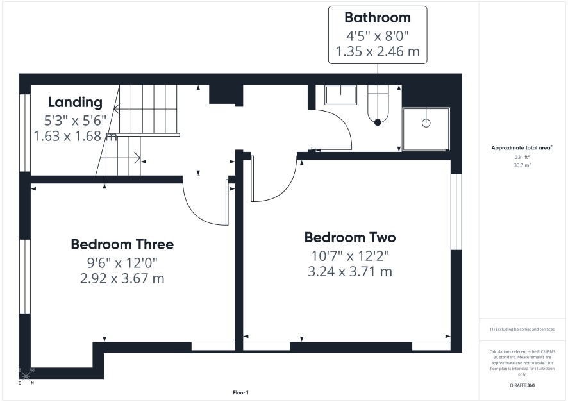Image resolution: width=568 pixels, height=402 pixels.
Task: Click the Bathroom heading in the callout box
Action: [x=378, y=17]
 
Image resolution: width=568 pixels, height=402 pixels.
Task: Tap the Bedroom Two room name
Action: [x=350, y=238]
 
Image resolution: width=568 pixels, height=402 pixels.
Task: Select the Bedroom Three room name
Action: [x=122, y=244]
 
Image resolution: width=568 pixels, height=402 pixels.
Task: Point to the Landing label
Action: [x=76, y=103]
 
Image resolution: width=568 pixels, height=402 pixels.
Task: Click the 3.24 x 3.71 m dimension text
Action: [x=350, y=272]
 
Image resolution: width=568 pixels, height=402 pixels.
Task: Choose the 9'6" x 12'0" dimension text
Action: [x=122, y=263]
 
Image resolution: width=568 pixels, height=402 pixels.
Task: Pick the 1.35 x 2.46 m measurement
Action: [x=378, y=51]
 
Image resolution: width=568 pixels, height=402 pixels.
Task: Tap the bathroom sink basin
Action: [x=340, y=95]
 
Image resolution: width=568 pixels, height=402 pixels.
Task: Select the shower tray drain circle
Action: [x=426, y=123]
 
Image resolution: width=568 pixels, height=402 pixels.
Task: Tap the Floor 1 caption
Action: [x=240, y=392]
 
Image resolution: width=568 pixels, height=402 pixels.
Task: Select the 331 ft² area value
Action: [x=522, y=157]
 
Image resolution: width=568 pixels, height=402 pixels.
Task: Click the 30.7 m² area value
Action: [x=522, y=165]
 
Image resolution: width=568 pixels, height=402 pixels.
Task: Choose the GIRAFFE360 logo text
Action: [x=522, y=385]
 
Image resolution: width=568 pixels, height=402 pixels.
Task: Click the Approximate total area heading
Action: [x=522, y=147]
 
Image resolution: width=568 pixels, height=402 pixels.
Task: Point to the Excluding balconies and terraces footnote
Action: [x=522, y=329]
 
